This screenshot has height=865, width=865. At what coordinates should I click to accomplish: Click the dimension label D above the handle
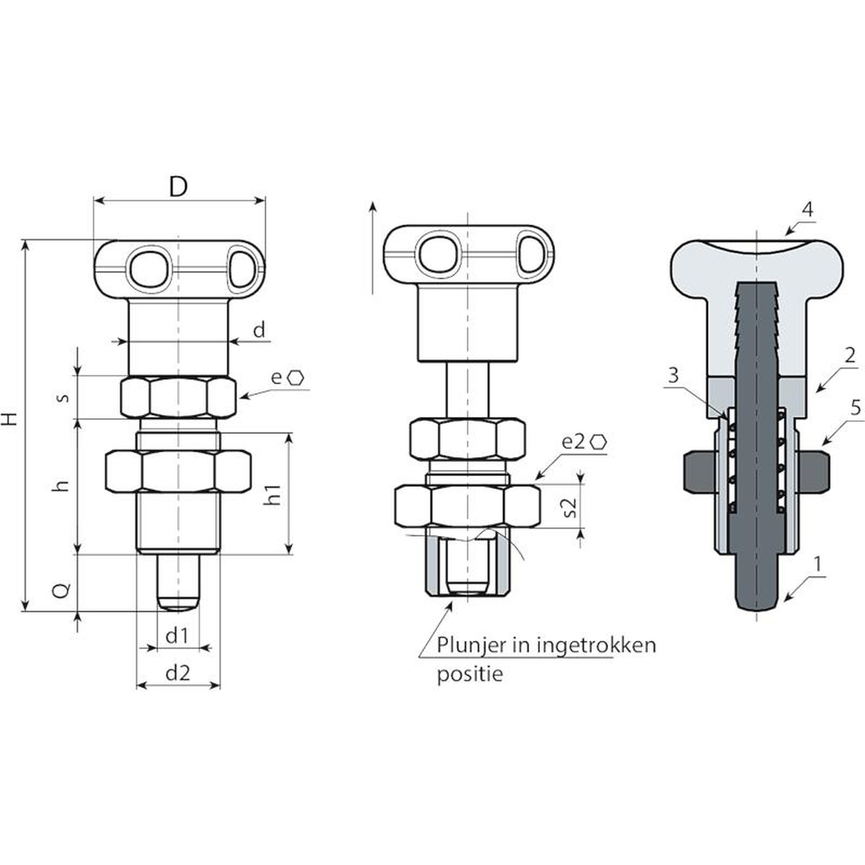pos(178,187)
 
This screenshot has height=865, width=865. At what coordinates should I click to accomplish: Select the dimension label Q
pos(63,590)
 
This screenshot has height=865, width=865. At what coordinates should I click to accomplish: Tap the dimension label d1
pos(177,636)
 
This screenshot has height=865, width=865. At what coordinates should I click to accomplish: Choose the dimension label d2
pos(178,673)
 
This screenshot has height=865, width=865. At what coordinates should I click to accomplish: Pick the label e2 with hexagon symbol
pos(584,442)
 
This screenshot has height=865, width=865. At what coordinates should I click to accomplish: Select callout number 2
pos(849,355)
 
